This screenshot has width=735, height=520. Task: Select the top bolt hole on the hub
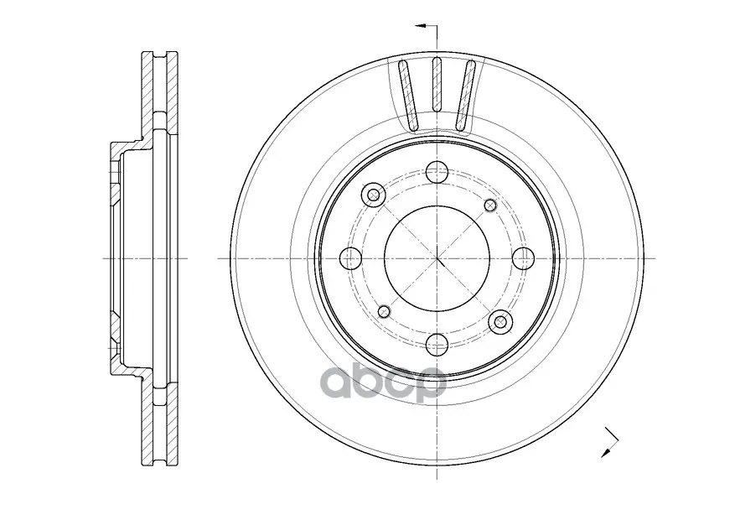click(437, 172)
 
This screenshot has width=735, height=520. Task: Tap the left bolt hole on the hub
click(350, 258)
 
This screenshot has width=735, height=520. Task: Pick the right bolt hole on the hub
click(523, 258)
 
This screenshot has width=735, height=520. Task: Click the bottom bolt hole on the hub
click(437, 345)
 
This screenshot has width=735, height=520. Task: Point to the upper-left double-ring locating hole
click(374, 194)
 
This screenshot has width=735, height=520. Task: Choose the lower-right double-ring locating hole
click(500, 322)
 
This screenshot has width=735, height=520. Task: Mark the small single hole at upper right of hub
click(489, 205)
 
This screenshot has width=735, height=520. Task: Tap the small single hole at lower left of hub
click(384, 311)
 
